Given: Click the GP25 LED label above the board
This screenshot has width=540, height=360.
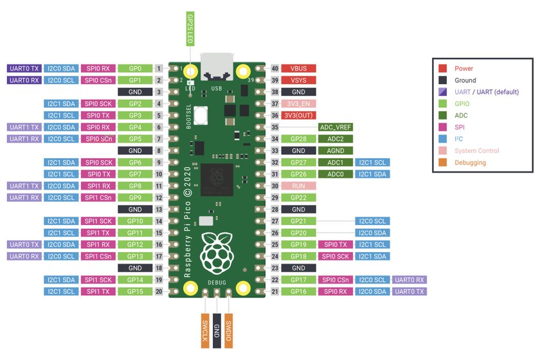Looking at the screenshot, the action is click(190, 29).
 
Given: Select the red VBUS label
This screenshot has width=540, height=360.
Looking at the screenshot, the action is click(298, 68).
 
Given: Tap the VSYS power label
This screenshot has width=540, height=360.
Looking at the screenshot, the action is click(298, 80).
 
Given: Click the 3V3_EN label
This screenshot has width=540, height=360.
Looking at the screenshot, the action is click(298, 104).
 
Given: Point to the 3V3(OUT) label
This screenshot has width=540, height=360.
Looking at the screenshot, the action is click(298, 115).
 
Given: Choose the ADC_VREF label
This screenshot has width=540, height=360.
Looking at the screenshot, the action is click(336, 127).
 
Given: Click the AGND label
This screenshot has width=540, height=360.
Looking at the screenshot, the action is click(336, 150).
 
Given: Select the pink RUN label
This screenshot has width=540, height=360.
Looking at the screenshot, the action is click(298, 186).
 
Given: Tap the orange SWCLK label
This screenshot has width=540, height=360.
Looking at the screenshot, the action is click(205, 330).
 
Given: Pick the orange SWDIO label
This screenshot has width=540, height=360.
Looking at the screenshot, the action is click(228, 330).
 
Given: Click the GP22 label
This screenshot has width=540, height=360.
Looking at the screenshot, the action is click(298, 197).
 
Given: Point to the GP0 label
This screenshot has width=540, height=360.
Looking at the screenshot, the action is click(135, 68).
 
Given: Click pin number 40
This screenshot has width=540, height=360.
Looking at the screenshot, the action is click(275, 68).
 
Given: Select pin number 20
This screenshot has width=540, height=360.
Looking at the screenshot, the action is click(159, 291).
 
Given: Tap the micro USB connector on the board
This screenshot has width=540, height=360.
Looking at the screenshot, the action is click(217, 66).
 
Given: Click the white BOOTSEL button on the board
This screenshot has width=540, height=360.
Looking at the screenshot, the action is click(201, 116).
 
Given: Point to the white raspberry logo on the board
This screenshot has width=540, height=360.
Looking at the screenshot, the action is click(217, 253).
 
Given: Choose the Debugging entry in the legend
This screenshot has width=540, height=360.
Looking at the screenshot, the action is click(462, 162).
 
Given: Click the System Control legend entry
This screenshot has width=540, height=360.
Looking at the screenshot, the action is click(469, 150).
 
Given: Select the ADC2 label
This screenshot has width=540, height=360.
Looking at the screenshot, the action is click(336, 139).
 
